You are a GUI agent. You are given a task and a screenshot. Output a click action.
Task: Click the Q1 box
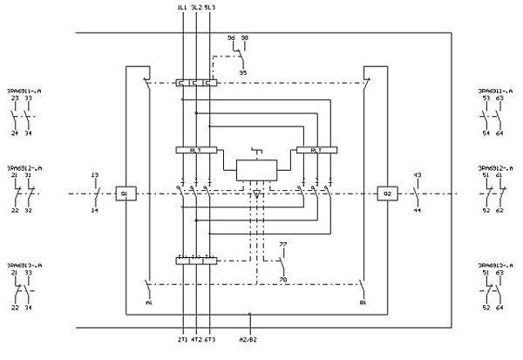click(x=125, y=193)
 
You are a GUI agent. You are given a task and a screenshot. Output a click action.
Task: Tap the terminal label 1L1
click(x=181, y=7)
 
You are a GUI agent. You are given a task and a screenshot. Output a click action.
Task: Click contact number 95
click(x=242, y=71)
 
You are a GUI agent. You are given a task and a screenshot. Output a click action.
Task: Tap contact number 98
click(x=243, y=38)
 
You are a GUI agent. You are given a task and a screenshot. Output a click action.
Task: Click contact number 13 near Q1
click(x=93, y=176)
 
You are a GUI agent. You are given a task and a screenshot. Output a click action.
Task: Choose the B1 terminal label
click(x=361, y=303)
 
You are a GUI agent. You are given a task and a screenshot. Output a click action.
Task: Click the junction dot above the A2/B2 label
click(x=250, y=314)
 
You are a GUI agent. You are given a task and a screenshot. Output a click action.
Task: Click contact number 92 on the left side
click(x=29, y=211)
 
